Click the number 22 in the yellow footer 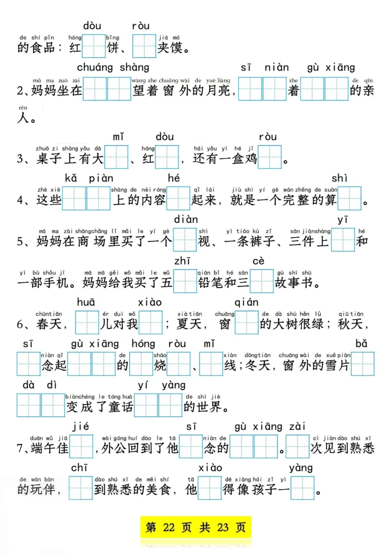coord(169,528)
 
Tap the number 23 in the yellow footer coord(223,528)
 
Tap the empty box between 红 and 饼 coord(94,47)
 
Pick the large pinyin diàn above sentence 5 coord(186,219)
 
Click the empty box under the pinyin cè coord(262,282)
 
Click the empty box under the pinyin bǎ coord(363,364)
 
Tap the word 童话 coord(120,406)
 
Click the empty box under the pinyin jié coord(81,447)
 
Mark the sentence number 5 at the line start coord(20,242)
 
